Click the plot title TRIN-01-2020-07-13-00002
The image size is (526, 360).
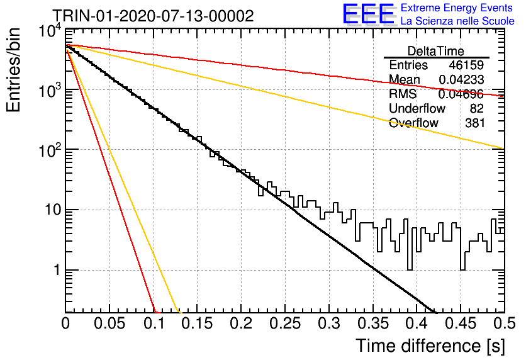point(153,16)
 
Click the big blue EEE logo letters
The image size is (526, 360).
point(369,14)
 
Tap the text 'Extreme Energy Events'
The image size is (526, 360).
point(457,8)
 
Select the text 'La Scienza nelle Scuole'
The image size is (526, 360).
point(457,21)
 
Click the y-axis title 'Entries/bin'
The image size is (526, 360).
point(13,70)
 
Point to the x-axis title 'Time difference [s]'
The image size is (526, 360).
point(430,346)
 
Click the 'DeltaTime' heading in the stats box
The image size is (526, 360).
point(436,51)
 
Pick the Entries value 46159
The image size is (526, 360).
point(466,65)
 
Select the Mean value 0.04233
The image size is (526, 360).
point(461,79)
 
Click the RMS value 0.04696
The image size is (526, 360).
point(461,94)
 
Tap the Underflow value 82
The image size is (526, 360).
point(476,108)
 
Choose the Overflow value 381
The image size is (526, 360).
point(474,123)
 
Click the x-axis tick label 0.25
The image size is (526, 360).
point(285,323)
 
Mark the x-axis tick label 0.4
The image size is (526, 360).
point(417,323)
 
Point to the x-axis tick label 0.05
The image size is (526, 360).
point(109,323)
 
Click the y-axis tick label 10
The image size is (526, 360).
point(53,210)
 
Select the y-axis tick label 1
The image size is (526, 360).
point(57,270)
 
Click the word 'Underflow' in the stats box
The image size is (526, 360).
point(417,108)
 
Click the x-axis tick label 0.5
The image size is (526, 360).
point(505,323)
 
